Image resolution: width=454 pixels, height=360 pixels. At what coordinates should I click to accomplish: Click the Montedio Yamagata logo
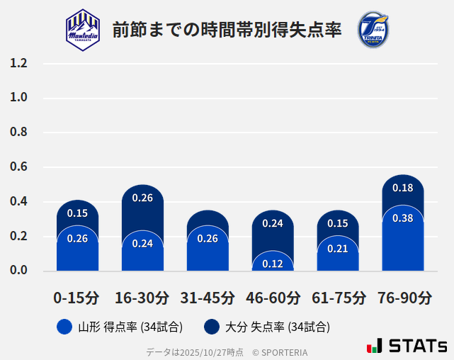[83, 30]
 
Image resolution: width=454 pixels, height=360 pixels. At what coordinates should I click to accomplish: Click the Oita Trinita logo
[373, 30]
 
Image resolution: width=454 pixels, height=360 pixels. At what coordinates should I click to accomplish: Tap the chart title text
[227, 30]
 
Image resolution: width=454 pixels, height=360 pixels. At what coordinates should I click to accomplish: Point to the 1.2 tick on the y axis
[18, 63]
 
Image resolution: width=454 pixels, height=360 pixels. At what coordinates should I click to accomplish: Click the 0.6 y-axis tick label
[18, 167]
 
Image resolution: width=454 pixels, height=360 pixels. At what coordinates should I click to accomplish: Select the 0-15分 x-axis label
[76, 298]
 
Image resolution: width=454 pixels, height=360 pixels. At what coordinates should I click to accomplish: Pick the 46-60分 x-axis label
[273, 298]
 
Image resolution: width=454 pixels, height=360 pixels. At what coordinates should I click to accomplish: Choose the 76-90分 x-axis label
[404, 298]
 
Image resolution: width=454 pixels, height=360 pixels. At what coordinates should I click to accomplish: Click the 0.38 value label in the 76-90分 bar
[402, 218]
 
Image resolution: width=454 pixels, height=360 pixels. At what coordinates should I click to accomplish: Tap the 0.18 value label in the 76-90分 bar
[402, 189]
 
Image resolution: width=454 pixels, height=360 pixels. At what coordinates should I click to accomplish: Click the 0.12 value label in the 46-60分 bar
[273, 264]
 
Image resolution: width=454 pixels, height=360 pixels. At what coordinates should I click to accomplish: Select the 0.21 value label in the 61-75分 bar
[338, 249]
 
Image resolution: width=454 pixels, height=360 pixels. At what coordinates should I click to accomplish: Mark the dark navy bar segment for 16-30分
[142, 209]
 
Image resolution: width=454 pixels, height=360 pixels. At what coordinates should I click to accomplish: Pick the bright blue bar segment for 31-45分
[208, 252]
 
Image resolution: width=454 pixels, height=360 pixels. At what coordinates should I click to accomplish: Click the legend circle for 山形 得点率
[64, 327]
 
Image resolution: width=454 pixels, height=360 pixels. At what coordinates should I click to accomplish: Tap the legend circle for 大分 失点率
[212, 327]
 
